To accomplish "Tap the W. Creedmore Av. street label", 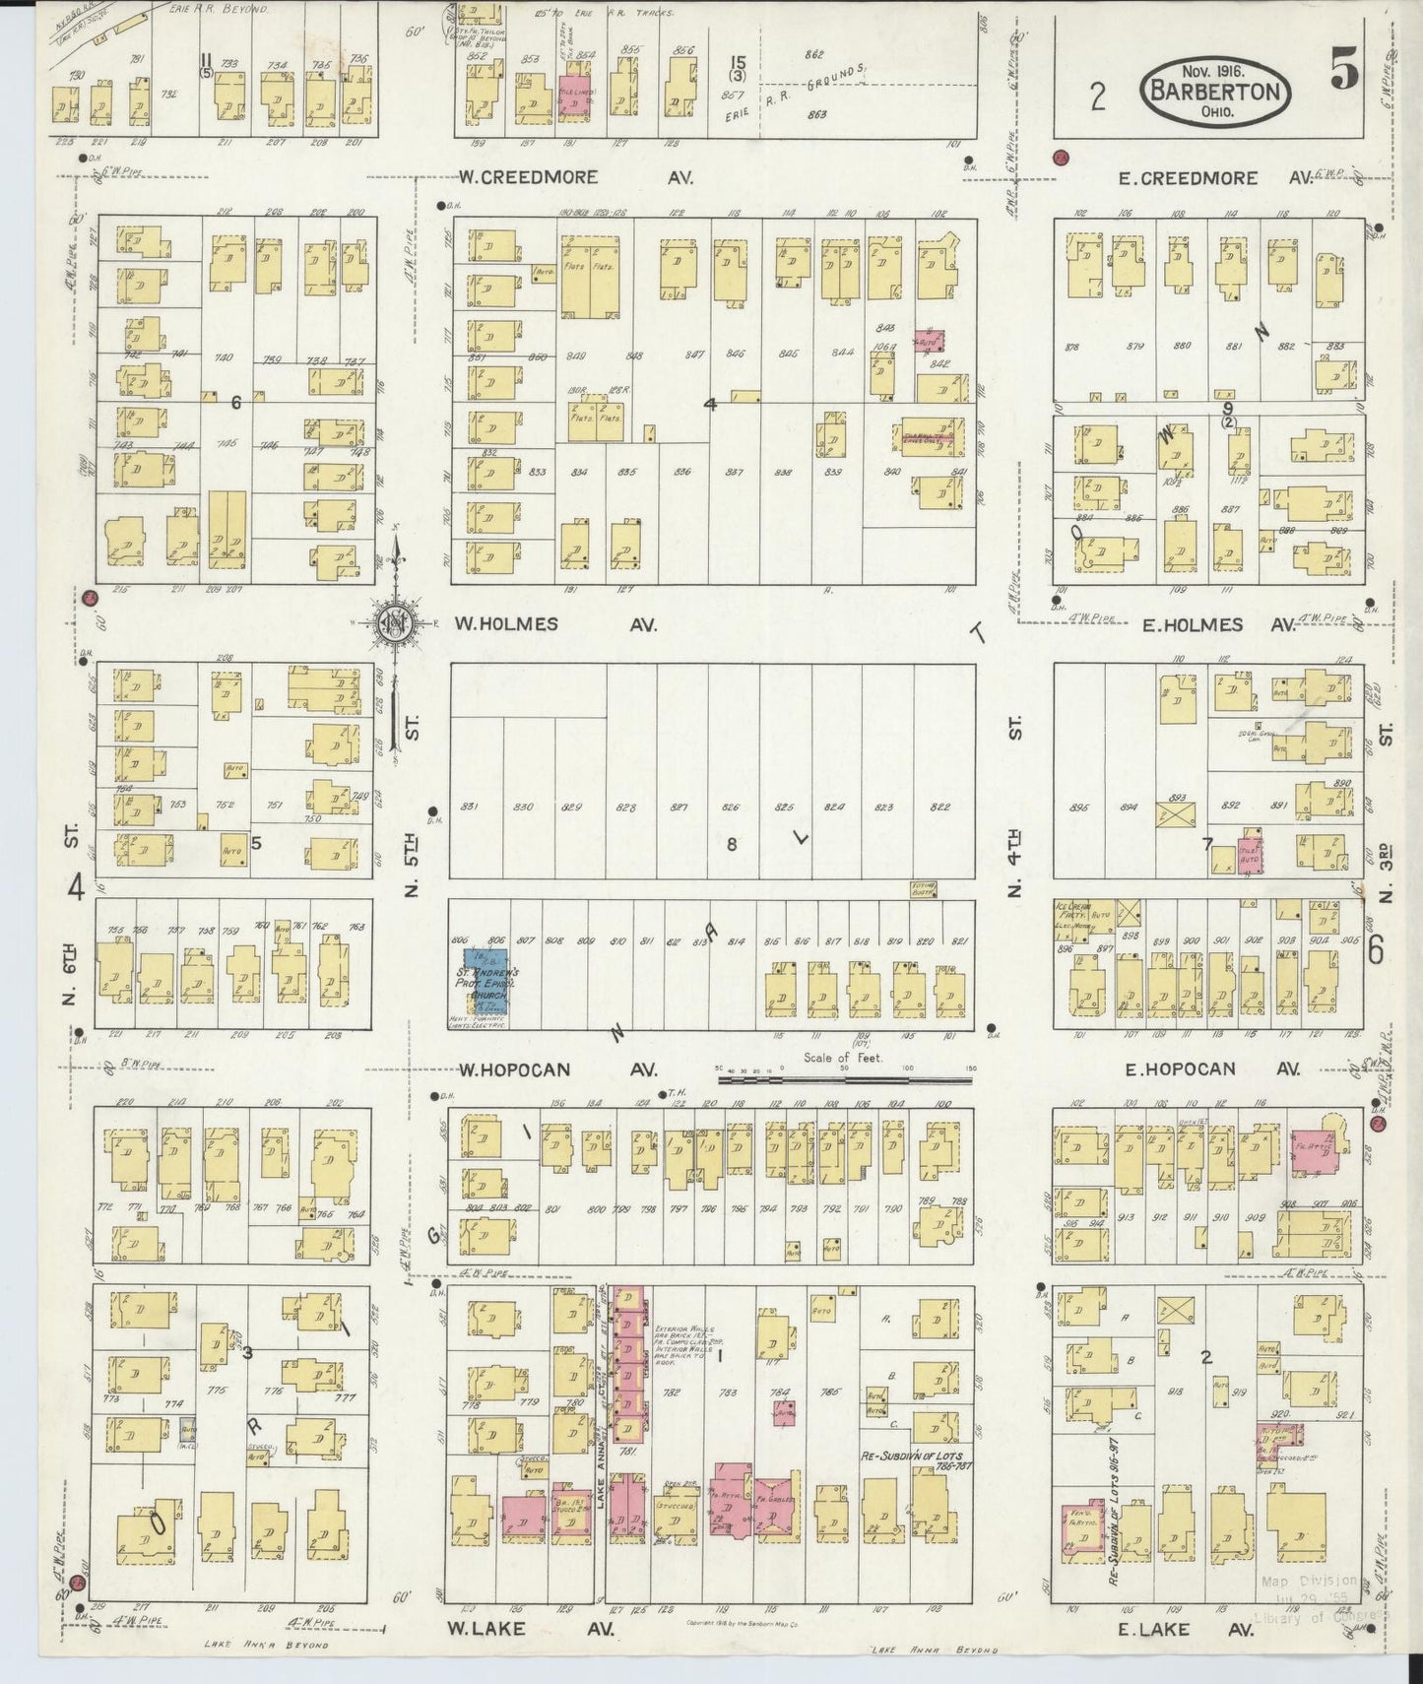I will coord(576,178).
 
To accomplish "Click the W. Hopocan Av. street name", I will coord(556,1069).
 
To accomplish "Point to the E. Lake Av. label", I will coord(1186,1630).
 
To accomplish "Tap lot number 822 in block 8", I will coord(939,808).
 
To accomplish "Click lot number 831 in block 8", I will coord(469,808).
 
